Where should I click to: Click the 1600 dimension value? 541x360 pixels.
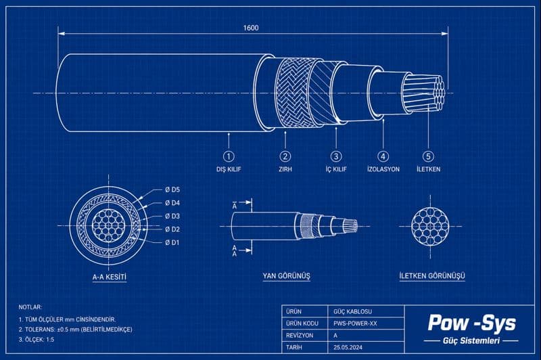(x=250, y=28)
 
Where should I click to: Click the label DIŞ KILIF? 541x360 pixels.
(x=229, y=169)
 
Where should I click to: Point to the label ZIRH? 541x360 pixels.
(x=285, y=169)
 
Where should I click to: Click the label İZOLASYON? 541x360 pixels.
(x=383, y=169)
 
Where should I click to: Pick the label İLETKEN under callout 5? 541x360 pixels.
(x=428, y=169)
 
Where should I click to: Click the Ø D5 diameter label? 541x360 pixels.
(x=172, y=189)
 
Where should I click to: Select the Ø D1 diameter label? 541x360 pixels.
(x=172, y=242)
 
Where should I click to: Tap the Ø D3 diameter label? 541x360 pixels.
(x=172, y=216)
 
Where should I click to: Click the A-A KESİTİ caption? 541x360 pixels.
(x=110, y=277)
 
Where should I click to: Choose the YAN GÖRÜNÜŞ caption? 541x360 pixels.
(x=286, y=277)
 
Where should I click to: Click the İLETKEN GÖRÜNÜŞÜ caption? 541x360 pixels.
(x=431, y=277)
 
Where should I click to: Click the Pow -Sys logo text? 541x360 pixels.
(x=471, y=322)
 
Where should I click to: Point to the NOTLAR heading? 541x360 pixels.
(x=30, y=307)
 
